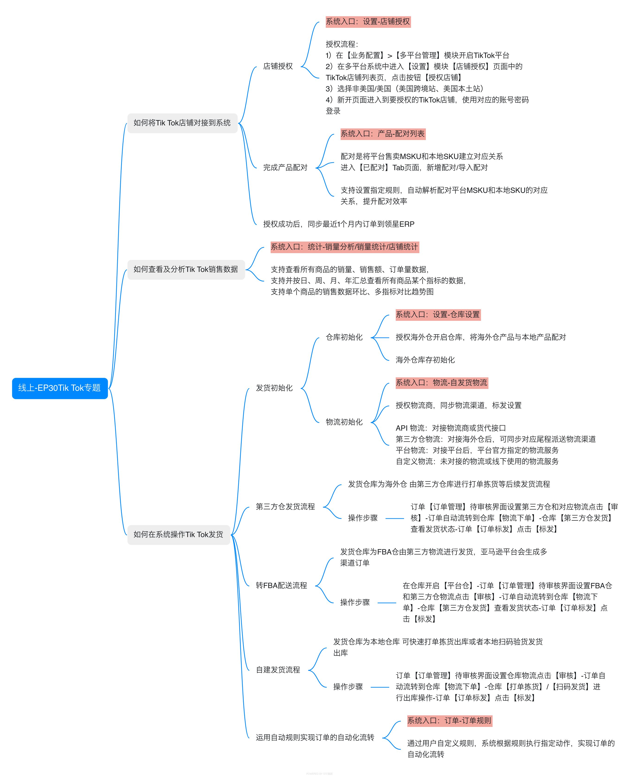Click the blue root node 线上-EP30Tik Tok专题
tap(60, 388)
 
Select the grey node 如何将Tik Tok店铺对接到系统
tap(182, 123)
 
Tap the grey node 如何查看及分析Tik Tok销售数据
tap(186, 270)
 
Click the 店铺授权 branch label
tap(278, 66)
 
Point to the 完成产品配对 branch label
tap(285, 168)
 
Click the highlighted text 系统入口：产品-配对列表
tap(383, 134)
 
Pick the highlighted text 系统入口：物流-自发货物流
tap(442, 383)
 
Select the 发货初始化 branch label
tap(274, 388)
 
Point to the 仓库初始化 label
tap(344, 337)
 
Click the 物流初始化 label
tap(344, 422)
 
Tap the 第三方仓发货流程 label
tap(285, 507)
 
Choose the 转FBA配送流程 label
tap(282, 586)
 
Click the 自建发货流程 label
tap(278, 670)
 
